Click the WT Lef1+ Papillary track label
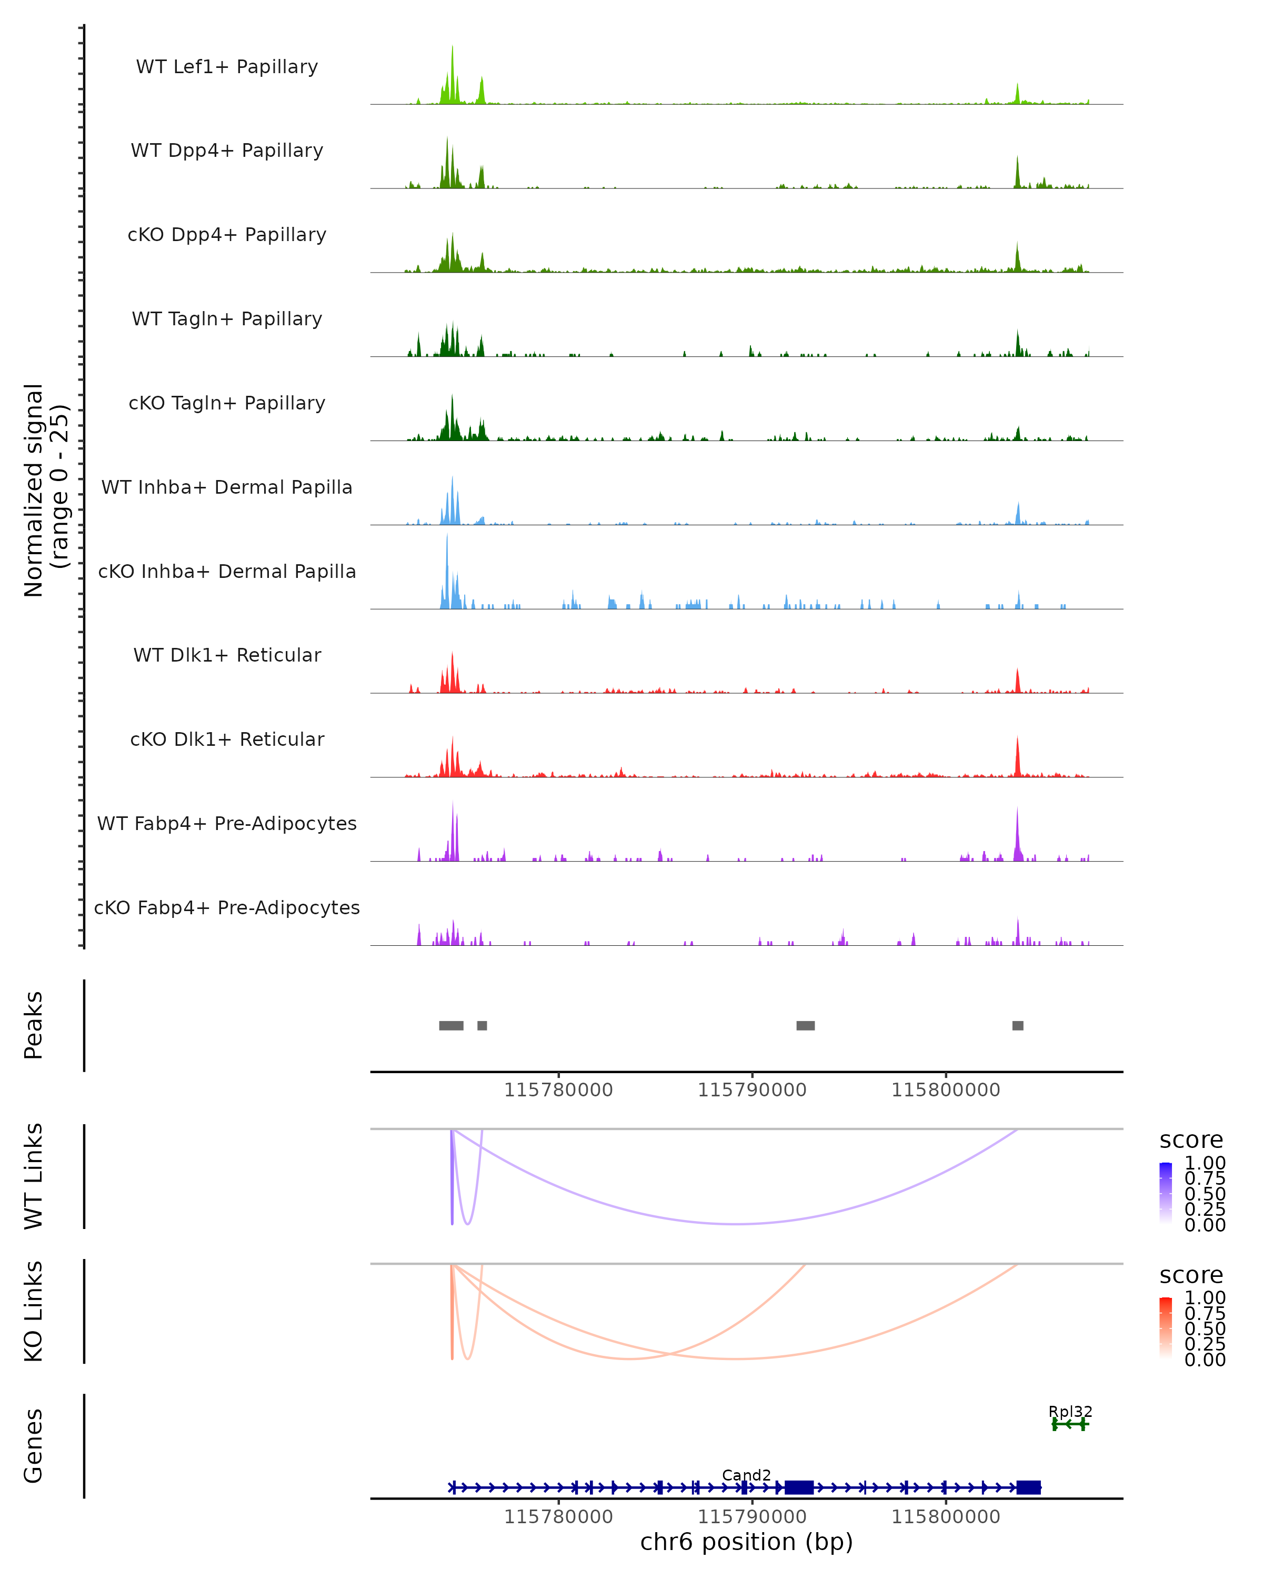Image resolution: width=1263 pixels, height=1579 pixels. click(227, 67)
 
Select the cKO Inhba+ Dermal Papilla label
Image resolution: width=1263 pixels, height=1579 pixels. click(227, 571)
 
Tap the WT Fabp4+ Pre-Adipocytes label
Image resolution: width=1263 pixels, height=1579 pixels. click(227, 823)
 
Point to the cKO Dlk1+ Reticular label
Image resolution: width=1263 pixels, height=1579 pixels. click(227, 739)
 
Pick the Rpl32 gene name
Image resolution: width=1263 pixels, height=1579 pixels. click(1070, 1411)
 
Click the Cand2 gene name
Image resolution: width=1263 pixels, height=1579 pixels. click(746, 1475)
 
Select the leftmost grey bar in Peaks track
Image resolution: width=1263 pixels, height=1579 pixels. click(451, 1025)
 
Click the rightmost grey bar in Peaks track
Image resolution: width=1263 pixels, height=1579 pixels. click(1018, 1025)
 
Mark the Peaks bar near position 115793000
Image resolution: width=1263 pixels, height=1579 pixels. click(805, 1025)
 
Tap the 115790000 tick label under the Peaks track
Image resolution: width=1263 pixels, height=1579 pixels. click(752, 1090)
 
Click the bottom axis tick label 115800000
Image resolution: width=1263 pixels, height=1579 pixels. click(945, 1516)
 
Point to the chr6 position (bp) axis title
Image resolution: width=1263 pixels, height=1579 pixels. click(746, 1542)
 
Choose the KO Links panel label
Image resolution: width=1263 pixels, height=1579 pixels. click(34, 1311)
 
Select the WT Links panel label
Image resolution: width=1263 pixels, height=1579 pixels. click(34, 1176)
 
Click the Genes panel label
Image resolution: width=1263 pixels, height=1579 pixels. click(34, 1446)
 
